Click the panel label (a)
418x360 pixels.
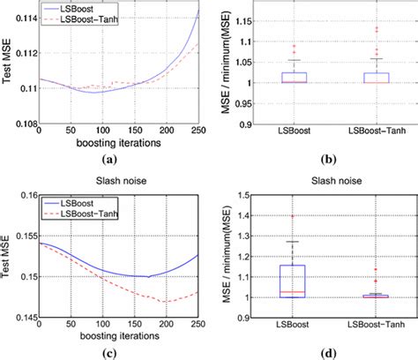tap(109, 160)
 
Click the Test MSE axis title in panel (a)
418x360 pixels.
tap(8, 66)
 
